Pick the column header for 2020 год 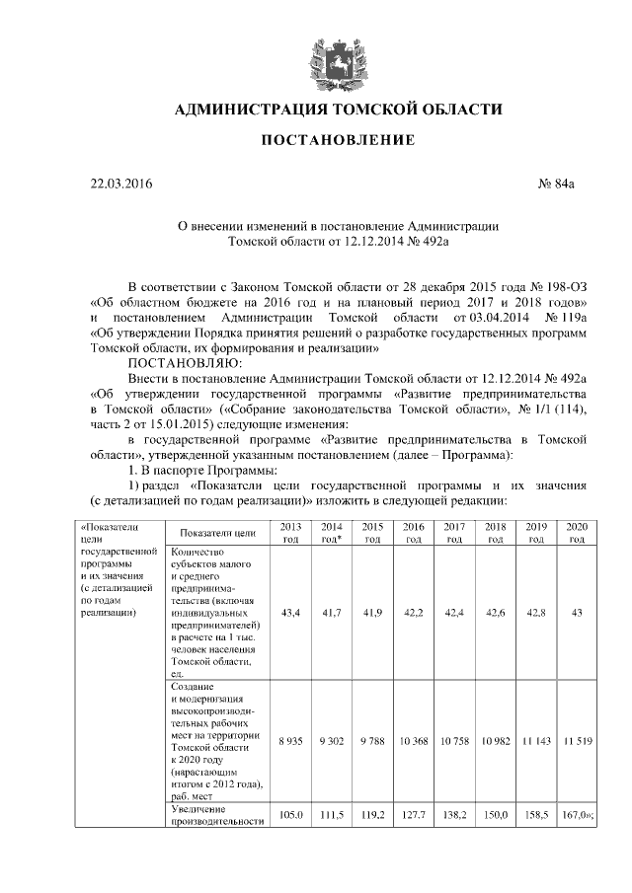point(577,532)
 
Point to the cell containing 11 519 point(577,740)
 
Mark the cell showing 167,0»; point(577,815)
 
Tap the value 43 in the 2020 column point(577,613)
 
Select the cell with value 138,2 point(454,815)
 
